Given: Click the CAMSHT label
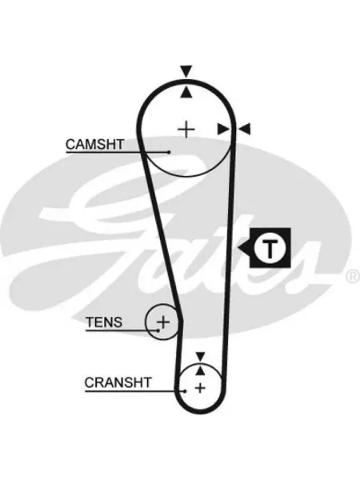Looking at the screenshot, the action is [x=95, y=144].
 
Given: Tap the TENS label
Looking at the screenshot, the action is [x=104, y=322].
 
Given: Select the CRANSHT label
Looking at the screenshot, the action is [x=118, y=382].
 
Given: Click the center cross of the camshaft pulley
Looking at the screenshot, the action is [x=186, y=130].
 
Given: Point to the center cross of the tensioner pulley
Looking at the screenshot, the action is [x=163, y=322].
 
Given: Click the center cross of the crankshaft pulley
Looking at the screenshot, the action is [x=200, y=388].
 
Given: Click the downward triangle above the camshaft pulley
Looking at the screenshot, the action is [x=186, y=71].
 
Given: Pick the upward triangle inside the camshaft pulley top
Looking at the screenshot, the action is [x=186, y=93].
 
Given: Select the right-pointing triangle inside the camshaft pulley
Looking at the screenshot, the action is [x=223, y=129].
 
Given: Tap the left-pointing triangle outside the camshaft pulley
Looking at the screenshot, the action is [x=245, y=129].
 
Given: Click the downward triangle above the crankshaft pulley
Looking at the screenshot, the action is [x=200, y=356].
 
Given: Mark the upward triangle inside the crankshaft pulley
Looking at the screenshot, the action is [x=200, y=370].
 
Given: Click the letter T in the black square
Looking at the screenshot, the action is [x=270, y=248].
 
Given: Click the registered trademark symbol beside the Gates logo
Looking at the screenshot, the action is [x=353, y=276].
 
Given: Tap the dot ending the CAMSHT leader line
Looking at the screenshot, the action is [x=169, y=152].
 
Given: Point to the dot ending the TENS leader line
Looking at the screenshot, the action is [x=158, y=330].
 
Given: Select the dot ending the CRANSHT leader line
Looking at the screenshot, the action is [x=185, y=391].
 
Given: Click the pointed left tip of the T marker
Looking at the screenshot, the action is [x=238, y=248].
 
